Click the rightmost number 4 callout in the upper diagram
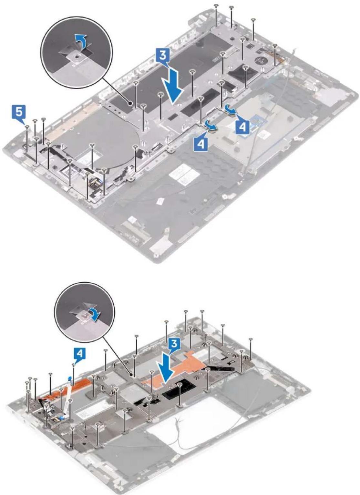pyautogui.click(x=242, y=127)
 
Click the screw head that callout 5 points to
pyautogui.click(x=27, y=126)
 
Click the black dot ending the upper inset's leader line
pyautogui.click(x=131, y=103)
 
